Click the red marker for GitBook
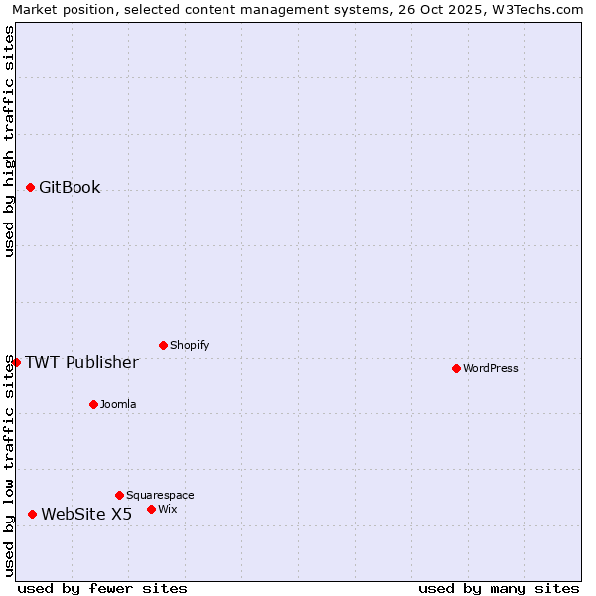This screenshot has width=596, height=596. (30, 187)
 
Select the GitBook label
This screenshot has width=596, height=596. (70, 188)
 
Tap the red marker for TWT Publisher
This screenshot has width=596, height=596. (16, 362)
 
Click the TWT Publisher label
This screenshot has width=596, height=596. (81, 362)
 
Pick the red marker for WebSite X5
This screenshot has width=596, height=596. (32, 514)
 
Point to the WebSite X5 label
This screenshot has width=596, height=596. (86, 514)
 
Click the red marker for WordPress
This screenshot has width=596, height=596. (456, 368)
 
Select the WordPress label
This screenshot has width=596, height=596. (491, 368)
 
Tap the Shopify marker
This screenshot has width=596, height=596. (163, 345)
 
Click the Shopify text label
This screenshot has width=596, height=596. (190, 345)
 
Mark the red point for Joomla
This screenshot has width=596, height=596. (93, 404)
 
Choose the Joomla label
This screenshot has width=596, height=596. (118, 404)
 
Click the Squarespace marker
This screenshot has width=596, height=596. (119, 495)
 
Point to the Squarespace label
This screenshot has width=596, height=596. (160, 495)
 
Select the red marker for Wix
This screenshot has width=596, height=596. (151, 509)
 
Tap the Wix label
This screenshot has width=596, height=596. (168, 509)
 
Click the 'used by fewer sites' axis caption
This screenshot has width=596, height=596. (102, 588)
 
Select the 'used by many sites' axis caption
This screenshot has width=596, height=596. (499, 588)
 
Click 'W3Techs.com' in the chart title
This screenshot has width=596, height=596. (541, 9)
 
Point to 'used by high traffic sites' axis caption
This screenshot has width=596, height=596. (9, 141)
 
